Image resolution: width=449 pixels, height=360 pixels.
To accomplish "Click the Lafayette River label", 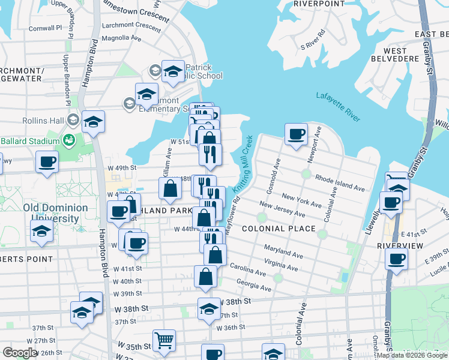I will coord(338,107).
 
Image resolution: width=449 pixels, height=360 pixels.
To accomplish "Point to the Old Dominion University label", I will coord(55,213).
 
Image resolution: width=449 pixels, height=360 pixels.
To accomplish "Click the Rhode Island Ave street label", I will coord(340,184).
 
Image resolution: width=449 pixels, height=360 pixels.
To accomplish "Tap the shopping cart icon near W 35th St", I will coord(164,340).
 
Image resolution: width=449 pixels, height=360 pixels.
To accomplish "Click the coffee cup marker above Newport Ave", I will coord(295,134).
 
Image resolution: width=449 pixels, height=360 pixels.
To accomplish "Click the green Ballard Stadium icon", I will coord(69,141).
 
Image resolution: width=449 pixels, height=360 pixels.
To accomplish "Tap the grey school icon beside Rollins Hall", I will coord(73,120).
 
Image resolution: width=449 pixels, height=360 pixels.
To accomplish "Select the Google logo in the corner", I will coord(19,353).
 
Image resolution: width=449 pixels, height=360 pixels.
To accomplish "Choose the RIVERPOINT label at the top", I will coord(319,4).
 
